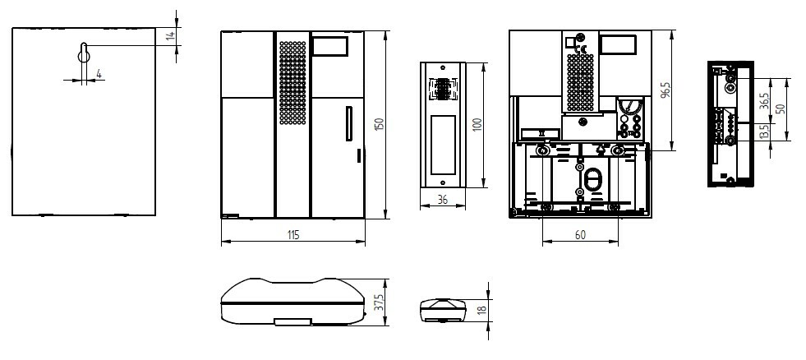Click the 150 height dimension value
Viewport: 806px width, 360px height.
(380, 124)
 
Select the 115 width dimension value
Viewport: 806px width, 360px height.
(292, 235)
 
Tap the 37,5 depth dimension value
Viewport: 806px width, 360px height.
(380, 302)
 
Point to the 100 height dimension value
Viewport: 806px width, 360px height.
(477, 125)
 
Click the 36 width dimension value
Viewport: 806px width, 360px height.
(443, 200)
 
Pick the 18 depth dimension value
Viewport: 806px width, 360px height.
(481, 310)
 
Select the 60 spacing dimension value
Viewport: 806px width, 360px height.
(580, 235)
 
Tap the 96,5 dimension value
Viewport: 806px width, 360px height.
(666, 90)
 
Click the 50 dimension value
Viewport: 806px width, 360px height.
(781, 109)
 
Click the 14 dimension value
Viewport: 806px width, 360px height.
(171, 36)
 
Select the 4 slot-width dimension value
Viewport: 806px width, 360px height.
(99, 74)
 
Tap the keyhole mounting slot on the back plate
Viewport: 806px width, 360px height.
(84, 52)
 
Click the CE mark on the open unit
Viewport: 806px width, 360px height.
(583, 49)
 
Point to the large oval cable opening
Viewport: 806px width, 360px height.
(592, 181)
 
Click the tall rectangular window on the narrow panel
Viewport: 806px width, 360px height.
(443, 145)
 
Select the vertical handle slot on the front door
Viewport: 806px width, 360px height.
(349, 123)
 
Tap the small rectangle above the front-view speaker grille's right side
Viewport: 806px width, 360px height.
(330, 46)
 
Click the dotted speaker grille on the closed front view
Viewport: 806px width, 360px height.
(292, 83)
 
